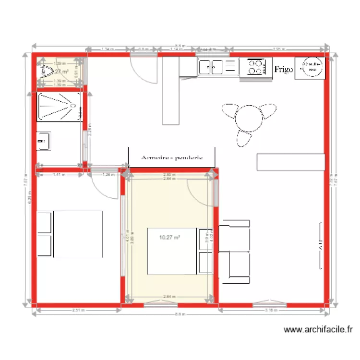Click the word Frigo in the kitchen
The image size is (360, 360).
coord(284,70)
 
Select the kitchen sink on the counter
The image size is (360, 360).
coord(212,67)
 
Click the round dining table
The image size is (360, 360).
coord(249,118)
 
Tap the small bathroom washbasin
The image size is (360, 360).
coord(43,141)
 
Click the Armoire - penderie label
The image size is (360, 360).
coord(171,157)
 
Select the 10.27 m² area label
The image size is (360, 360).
coord(170,237)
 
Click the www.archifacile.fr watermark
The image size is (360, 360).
coord(318,330)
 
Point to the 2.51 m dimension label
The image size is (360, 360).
coord(77,311)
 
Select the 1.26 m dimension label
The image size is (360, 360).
coord(108,175)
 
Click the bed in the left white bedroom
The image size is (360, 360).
coord(77,234)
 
